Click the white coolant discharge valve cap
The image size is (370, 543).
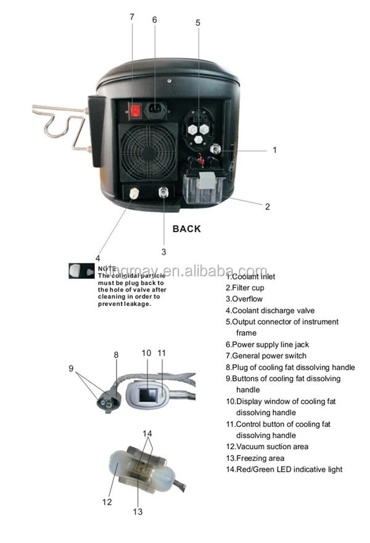coord(134,193)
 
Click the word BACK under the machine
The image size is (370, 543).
coord(186,229)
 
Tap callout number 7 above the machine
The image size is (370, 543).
coord(131,17)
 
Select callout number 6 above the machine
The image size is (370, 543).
coord(154,20)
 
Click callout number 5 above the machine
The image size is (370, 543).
coord(197,23)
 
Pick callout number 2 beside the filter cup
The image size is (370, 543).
coord(267,207)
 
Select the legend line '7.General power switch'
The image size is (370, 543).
coord(266,355)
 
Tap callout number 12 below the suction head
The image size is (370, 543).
coord(107,502)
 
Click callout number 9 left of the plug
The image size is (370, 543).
coord(72,369)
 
